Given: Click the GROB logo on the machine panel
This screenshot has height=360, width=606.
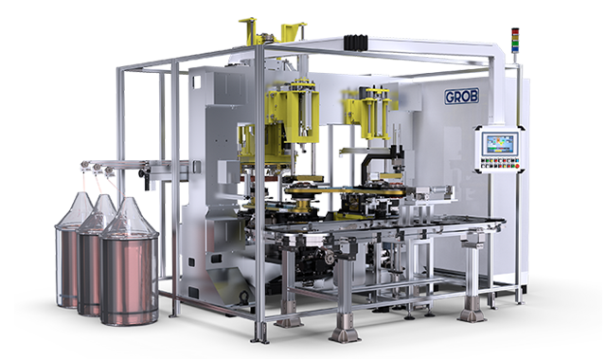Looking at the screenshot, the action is [x=461, y=97].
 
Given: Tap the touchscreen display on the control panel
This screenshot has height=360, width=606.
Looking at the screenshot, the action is [x=500, y=144].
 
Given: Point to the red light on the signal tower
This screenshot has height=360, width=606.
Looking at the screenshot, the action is [x=515, y=31].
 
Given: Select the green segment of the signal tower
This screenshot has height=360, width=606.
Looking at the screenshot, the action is [x=515, y=44].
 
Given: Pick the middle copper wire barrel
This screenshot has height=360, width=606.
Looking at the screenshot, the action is [x=93, y=255].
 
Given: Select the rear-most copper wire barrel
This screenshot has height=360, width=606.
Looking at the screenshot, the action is [x=69, y=251].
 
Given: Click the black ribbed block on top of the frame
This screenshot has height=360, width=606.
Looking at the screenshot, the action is [x=356, y=42].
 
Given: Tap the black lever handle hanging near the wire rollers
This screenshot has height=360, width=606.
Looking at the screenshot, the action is [x=147, y=179].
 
